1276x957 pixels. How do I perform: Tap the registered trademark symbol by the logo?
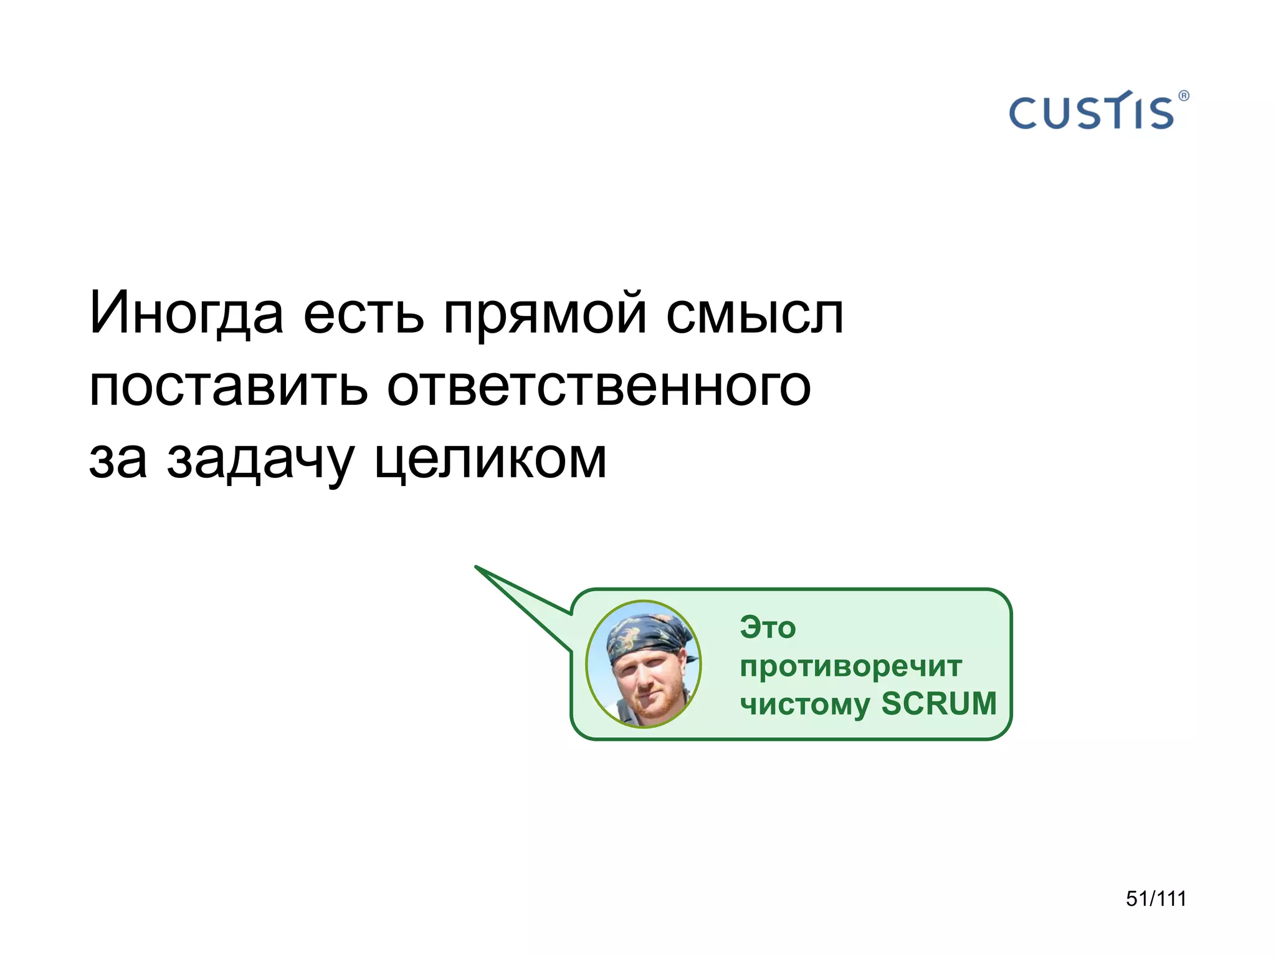[x=1184, y=96]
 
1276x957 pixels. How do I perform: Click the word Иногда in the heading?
[x=186, y=313]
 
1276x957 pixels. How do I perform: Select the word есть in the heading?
[x=363, y=313]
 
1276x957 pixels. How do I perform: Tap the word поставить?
[x=228, y=387]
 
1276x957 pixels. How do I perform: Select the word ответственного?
[x=599, y=387]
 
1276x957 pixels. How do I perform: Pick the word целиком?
[x=490, y=460]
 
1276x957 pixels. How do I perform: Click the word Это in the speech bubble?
[x=768, y=627]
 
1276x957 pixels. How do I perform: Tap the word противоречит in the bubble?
[x=850, y=667]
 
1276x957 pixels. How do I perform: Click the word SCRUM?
[x=939, y=703]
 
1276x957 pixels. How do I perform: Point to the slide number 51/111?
[x=1156, y=898]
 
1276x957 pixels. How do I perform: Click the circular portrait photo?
[x=644, y=664]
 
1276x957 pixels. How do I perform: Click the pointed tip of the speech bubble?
[x=477, y=567]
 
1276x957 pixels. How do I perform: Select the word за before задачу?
[x=118, y=460]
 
